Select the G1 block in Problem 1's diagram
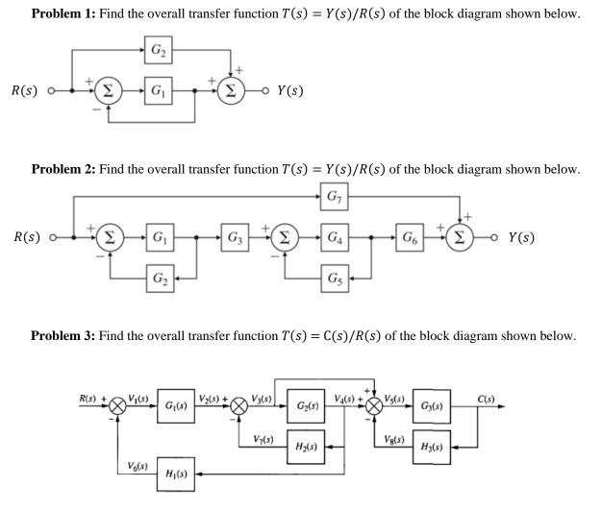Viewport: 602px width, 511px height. [158, 92]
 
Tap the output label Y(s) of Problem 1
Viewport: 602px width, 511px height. [289, 91]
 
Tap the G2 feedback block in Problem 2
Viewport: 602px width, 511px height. [158, 280]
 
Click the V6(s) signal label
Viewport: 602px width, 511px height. [138, 466]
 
